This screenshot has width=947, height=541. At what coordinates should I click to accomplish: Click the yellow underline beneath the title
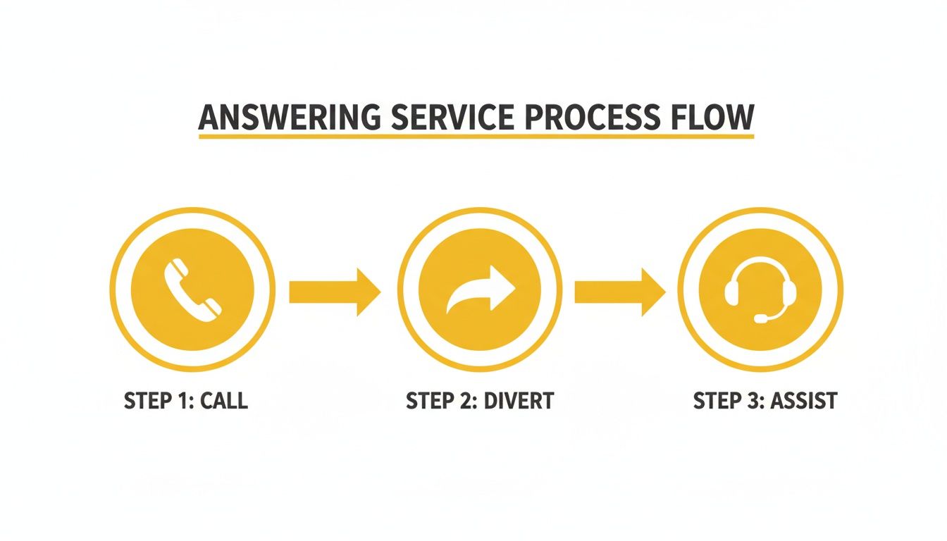(x=476, y=135)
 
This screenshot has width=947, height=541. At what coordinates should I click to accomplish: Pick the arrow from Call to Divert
(x=335, y=292)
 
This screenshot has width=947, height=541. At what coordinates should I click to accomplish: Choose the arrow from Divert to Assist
(x=619, y=292)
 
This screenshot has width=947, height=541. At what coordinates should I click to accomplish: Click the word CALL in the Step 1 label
(x=224, y=401)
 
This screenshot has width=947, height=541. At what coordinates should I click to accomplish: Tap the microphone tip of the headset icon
(x=760, y=319)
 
